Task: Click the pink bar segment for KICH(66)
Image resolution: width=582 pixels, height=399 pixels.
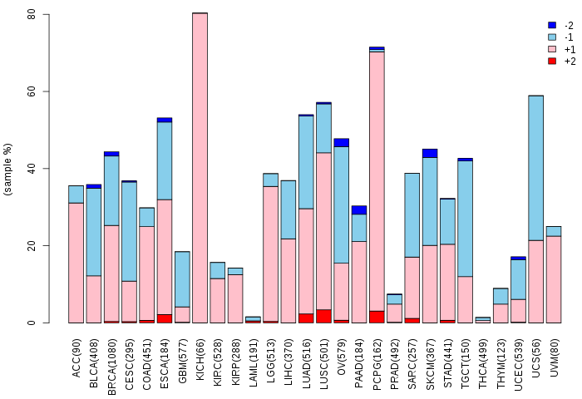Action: pos(200,166)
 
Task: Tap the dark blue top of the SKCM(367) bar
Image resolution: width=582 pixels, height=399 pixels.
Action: pos(430,153)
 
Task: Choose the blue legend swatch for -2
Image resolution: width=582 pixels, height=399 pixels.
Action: pos(552,26)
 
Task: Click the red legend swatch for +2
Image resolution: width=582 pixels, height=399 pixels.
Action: pos(552,61)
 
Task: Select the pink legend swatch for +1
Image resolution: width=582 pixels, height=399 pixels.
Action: pos(552,49)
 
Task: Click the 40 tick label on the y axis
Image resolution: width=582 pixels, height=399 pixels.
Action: pos(31,169)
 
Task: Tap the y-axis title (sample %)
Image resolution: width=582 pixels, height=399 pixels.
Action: pos(8,169)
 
